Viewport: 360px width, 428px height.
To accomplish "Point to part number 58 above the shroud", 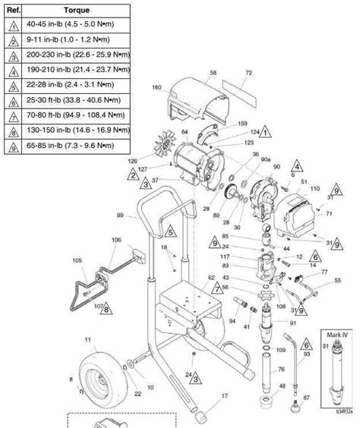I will pyautogui.click(x=213, y=73).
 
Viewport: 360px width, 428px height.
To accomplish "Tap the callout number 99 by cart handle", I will pyautogui.click(x=120, y=216).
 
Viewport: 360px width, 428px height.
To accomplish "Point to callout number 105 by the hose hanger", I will pyautogui.click(x=76, y=260).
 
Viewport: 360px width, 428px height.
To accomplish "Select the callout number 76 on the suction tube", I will pyautogui.click(x=281, y=370).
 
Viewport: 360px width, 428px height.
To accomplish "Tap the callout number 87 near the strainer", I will pyautogui.click(x=306, y=396).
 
